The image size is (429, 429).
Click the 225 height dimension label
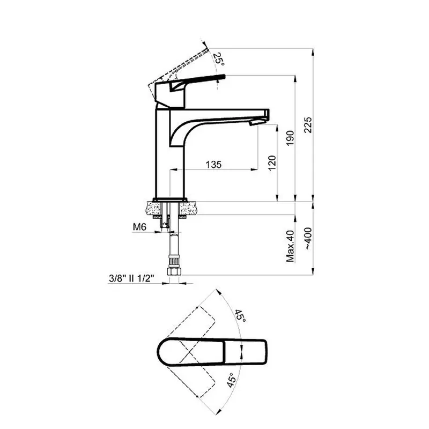pos(308,125)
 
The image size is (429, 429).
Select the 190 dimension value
pos(290,138)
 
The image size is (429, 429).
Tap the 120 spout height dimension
pos(272,163)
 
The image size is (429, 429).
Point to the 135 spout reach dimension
pos(213,165)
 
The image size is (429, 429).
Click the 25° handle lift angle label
pos(219,59)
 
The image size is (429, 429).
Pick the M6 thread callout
pos(139,227)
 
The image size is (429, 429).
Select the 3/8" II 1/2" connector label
pos(131,278)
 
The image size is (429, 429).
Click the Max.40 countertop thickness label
pos(290,246)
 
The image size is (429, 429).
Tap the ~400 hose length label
pos(308,238)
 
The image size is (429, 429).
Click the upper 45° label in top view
pos(240,316)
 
